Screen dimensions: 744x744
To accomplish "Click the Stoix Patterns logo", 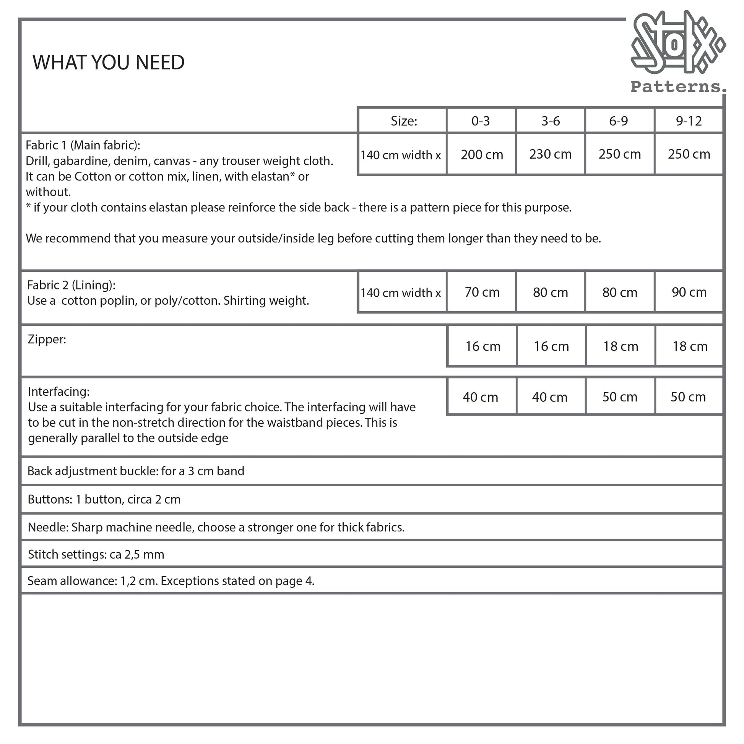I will [677, 52].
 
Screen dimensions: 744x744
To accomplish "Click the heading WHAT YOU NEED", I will [109, 62].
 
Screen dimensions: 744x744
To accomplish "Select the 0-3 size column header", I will [481, 121].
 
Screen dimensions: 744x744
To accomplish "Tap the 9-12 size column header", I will [689, 121].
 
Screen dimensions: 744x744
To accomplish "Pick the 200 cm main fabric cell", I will [482, 155].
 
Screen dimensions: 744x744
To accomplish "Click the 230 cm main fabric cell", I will [550, 154].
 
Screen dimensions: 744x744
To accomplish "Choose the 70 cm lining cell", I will [482, 292].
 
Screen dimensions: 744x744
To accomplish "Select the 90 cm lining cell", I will [689, 292].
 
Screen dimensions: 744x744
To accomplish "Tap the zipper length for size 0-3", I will [482, 346].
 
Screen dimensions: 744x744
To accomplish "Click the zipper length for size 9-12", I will [690, 346].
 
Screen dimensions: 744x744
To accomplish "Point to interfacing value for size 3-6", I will [549, 397].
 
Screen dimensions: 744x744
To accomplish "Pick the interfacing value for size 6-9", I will [620, 397].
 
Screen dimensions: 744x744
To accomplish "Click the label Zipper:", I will [47, 339].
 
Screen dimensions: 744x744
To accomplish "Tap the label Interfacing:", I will [58, 391].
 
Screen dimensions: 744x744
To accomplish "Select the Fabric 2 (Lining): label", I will [71, 285].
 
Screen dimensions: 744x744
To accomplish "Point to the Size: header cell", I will [404, 121].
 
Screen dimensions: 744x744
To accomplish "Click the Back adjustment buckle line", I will [136, 471].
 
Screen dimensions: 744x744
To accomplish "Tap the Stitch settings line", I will [96, 554].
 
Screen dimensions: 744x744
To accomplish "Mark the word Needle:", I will [48, 527].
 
